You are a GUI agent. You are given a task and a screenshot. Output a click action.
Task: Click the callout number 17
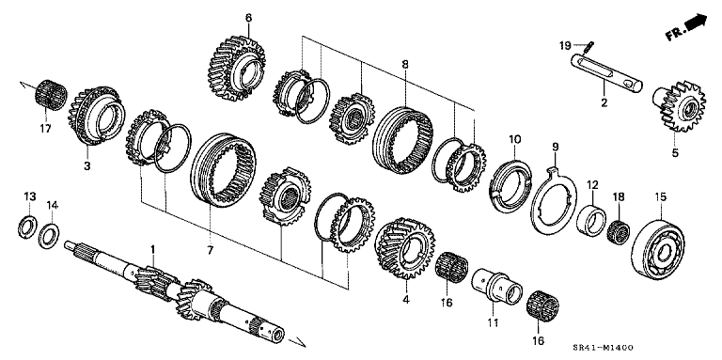coord(45,130)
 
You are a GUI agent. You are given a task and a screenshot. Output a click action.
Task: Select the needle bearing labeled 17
coord(51,95)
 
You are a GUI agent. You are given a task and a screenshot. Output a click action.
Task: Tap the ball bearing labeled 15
coord(658,250)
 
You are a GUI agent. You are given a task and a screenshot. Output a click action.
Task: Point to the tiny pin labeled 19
coord(589,47)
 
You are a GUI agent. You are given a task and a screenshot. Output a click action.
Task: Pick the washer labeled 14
coord(49,236)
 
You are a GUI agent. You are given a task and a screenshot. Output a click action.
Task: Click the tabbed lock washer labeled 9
coord(554,199)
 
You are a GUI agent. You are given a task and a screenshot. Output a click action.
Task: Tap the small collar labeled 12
coord(590,221)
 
